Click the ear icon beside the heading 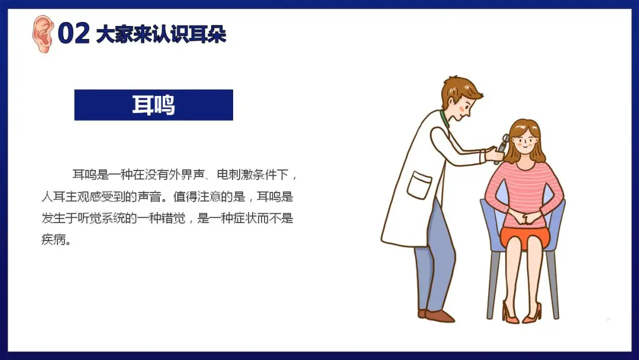[x=43, y=34]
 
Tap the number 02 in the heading [x=73, y=33]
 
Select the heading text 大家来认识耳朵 [x=161, y=34]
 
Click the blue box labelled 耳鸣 [x=154, y=105]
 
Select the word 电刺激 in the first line [x=235, y=175]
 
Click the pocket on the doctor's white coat [x=419, y=185]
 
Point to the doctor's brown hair [x=460, y=91]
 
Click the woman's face [x=525, y=141]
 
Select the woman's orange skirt [x=525, y=237]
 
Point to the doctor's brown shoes [x=436, y=316]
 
